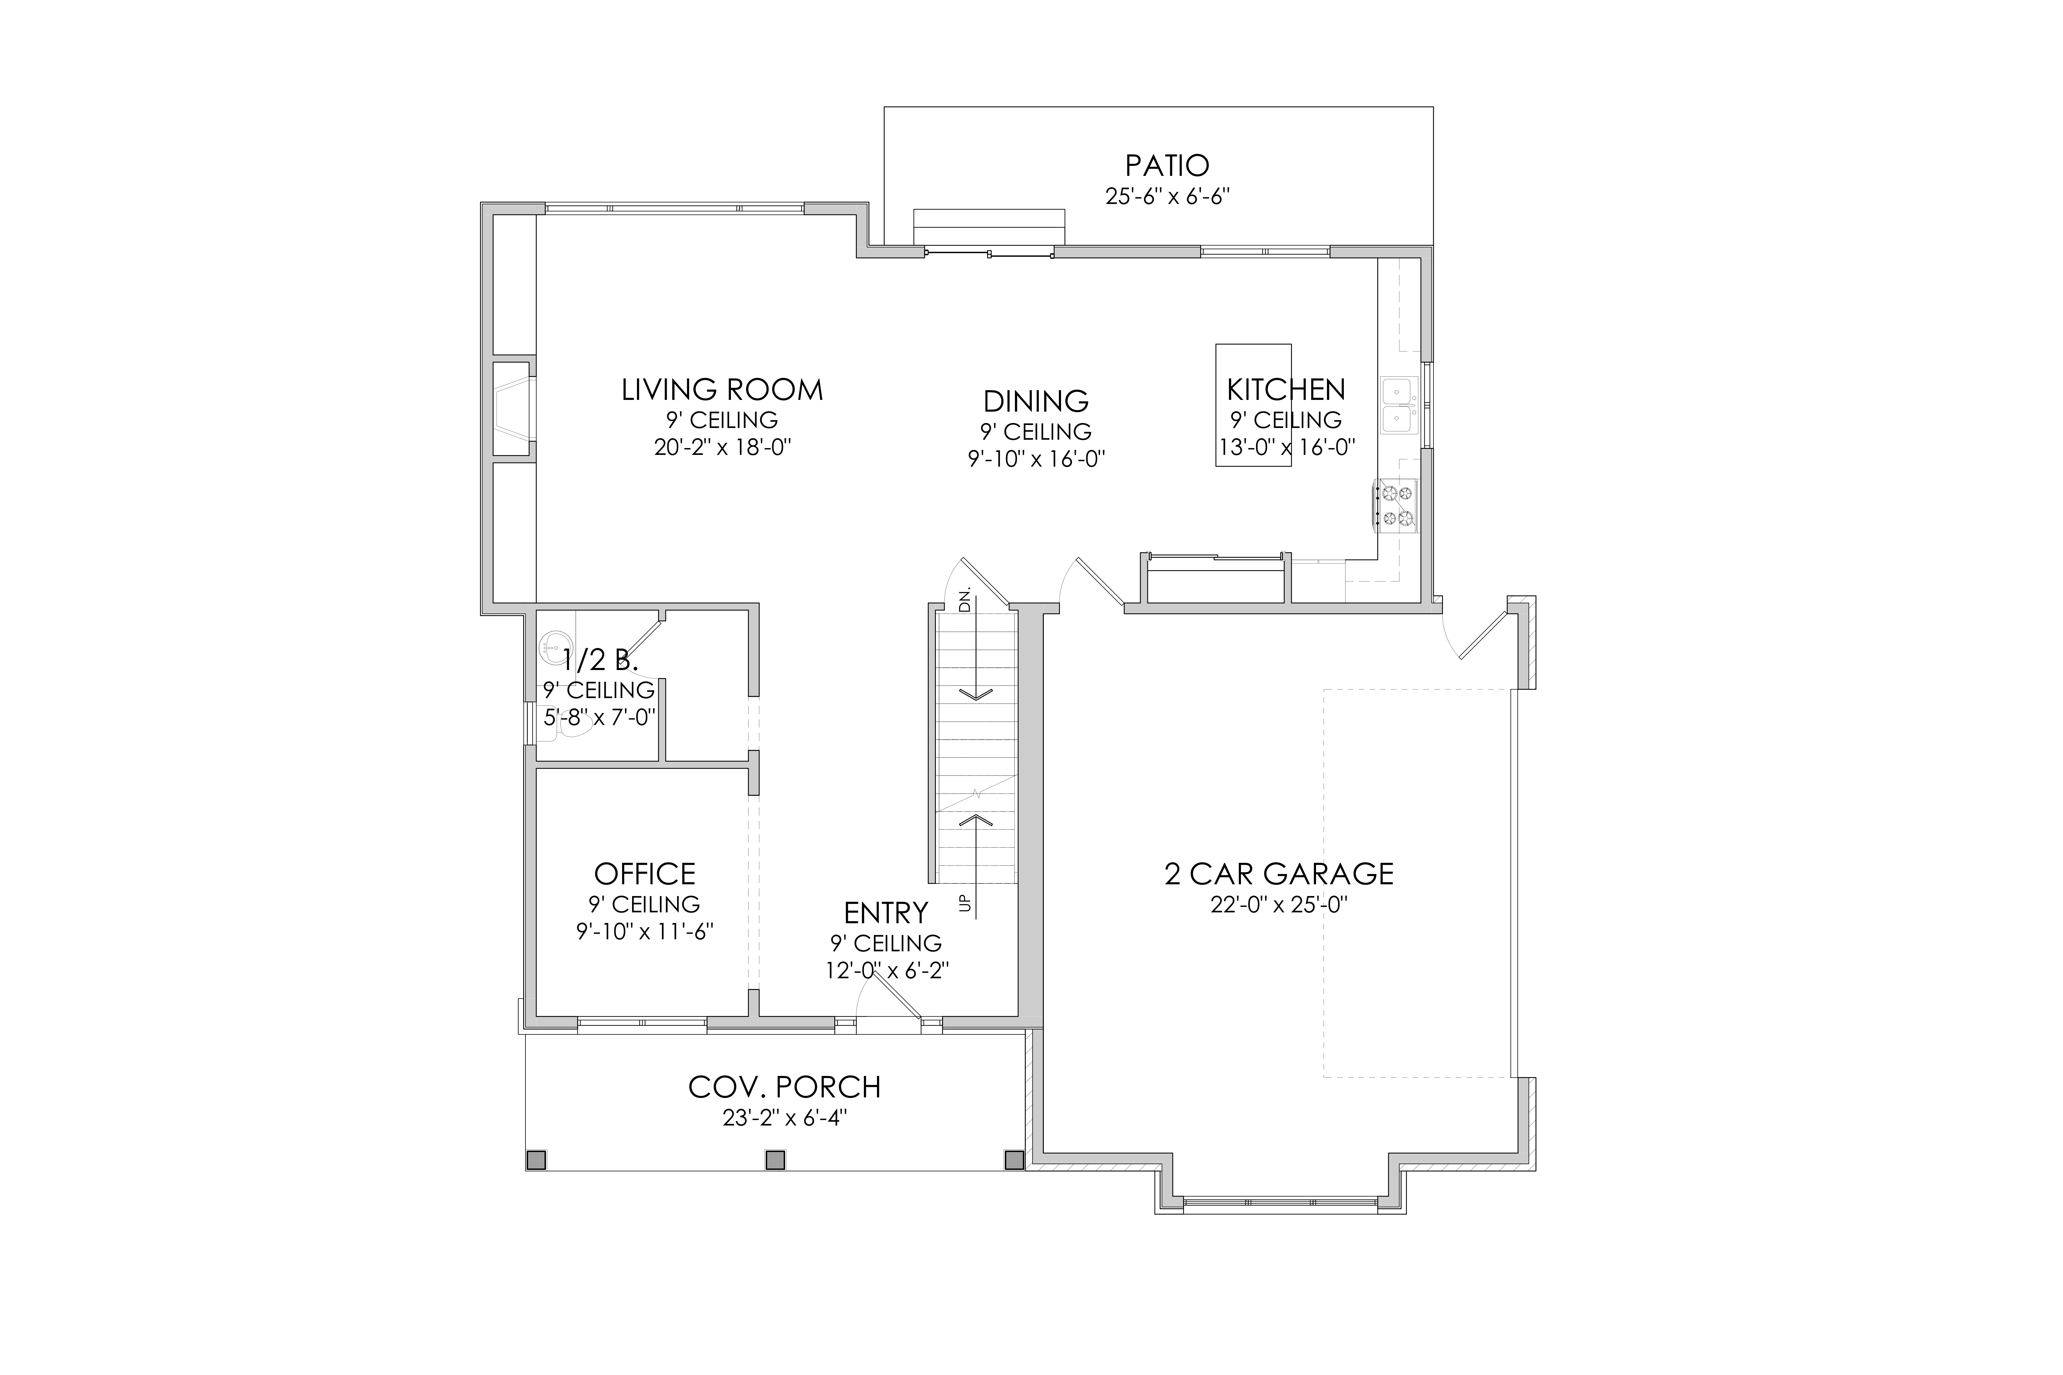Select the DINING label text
[x=1036, y=402]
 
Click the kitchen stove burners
[x=1397, y=506]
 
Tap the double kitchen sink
[x=1398, y=405]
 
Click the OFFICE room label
[x=645, y=874]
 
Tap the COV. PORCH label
[x=784, y=1087]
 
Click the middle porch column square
[x=774, y=1160]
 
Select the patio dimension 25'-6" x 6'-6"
[x=1167, y=197]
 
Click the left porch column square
[x=536, y=1160]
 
